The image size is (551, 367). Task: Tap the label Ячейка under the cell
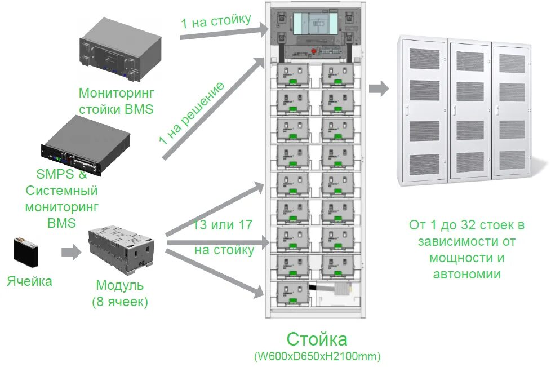pyautogui.click(x=30, y=281)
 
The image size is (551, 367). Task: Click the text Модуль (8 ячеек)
pyautogui.click(x=120, y=294)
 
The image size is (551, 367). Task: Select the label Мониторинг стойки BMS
pyautogui.click(x=116, y=101)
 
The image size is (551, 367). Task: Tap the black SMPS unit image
pyautogui.click(x=85, y=145)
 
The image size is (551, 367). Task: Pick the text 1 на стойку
pyautogui.click(x=216, y=21)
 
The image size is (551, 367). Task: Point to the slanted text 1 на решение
pyautogui.click(x=192, y=113)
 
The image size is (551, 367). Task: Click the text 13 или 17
pyautogui.click(x=223, y=225)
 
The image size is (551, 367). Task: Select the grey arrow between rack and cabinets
pyautogui.click(x=379, y=89)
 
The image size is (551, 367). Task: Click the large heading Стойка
pyautogui.click(x=317, y=339)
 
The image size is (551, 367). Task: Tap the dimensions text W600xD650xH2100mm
pyautogui.click(x=317, y=356)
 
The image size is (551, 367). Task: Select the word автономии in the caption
pyautogui.click(x=466, y=274)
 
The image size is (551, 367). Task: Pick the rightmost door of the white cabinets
pyautogui.click(x=511, y=110)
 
